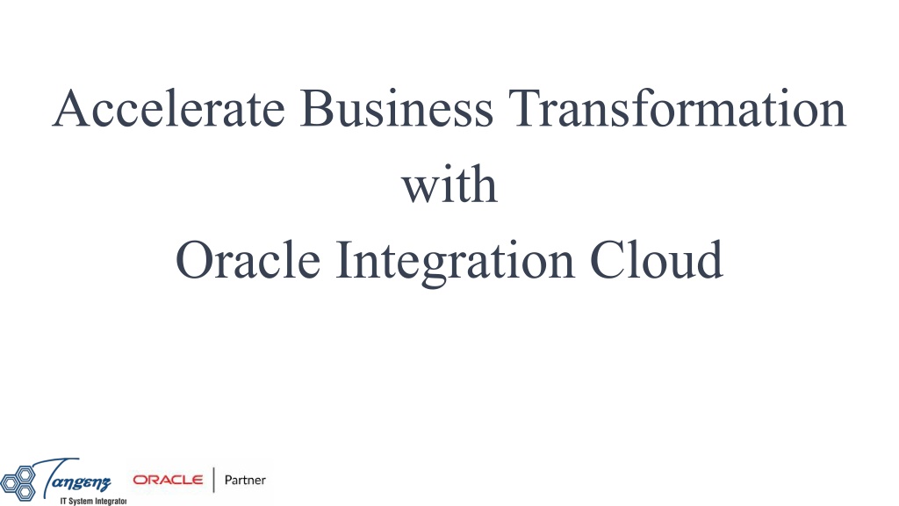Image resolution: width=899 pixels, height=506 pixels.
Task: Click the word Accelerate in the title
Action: pyautogui.click(x=169, y=108)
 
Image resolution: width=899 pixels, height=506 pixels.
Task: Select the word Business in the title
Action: pyautogui.click(x=396, y=108)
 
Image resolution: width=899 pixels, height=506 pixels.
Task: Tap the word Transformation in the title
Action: pyautogui.click(x=677, y=108)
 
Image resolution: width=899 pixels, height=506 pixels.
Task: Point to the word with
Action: pyautogui.click(x=449, y=184)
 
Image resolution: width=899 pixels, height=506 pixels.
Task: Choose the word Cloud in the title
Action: pyautogui.click(x=656, y=259)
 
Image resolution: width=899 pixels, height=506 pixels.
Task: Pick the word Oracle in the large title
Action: pyautogui.click(x=248, y=259)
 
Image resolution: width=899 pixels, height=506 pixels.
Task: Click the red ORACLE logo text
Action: pyautogui.click(x=168, y=480)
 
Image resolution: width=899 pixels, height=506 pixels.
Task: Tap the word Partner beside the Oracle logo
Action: pyautogui.click(x=245, y=481)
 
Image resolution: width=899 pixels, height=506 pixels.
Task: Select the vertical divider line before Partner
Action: pyautogui.click(x=214, y=480)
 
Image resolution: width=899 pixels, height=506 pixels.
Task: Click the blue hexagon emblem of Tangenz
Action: pyautogui.click(x=18, y=482)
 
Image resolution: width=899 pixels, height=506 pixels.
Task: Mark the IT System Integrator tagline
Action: pyautogui.click(x=93, y=502)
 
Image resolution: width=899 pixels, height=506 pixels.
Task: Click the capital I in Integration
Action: pyautogui.click(x=343, y=260)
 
